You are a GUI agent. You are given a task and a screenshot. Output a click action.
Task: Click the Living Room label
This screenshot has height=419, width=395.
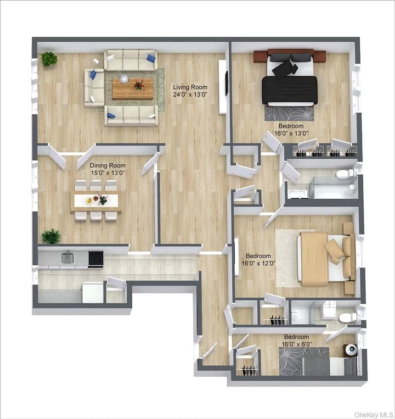point(190,87)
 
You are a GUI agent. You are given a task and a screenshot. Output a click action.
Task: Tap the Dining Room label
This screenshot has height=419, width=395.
point(107,166)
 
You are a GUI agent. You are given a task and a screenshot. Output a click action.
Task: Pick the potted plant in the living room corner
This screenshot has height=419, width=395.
point(48,59)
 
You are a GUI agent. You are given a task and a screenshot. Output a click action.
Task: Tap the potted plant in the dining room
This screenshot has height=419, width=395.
point(51,236)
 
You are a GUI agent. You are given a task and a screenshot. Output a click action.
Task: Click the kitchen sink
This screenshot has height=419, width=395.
point(68,257)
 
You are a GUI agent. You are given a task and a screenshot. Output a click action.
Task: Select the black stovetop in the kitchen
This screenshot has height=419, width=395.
point(96,258)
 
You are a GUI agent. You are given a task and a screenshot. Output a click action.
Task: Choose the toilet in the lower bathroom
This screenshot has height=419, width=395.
point(347,317)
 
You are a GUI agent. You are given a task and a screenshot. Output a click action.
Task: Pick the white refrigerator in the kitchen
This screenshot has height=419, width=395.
point(93,292)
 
